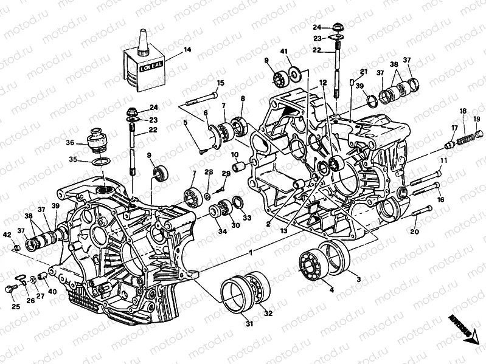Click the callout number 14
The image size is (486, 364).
coord(187,50)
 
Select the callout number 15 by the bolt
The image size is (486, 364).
coord(220,83)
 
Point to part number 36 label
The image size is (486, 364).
coord(71,143)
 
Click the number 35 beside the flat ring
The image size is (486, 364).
coord(74,160)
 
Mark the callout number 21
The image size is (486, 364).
coord(364,72)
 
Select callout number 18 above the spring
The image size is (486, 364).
coord(463,111)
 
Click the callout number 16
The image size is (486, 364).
coord(440,199)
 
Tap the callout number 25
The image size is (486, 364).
coord(15,306)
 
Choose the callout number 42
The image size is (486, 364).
coord(7,235)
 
